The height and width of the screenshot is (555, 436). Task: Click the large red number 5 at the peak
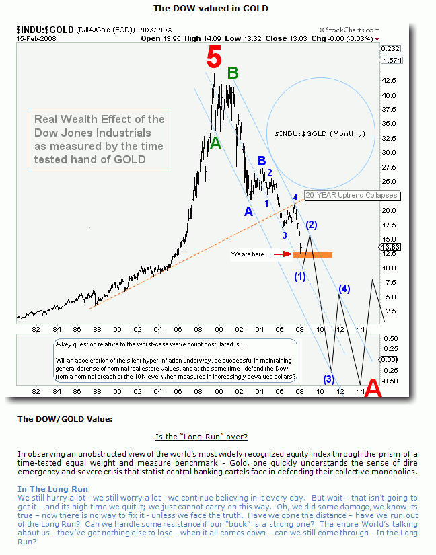point(213,59)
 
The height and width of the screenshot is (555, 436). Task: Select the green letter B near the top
point(233,73)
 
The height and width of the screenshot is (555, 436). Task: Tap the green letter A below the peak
point(215,143)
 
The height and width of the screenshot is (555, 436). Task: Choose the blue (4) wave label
point(344,289)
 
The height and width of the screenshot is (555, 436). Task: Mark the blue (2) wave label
point(312,224)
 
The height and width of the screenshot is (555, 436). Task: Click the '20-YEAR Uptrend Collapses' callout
point(351,196)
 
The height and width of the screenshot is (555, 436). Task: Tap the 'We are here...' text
point(251,254)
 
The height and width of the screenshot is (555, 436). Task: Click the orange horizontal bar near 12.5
point(312,254)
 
